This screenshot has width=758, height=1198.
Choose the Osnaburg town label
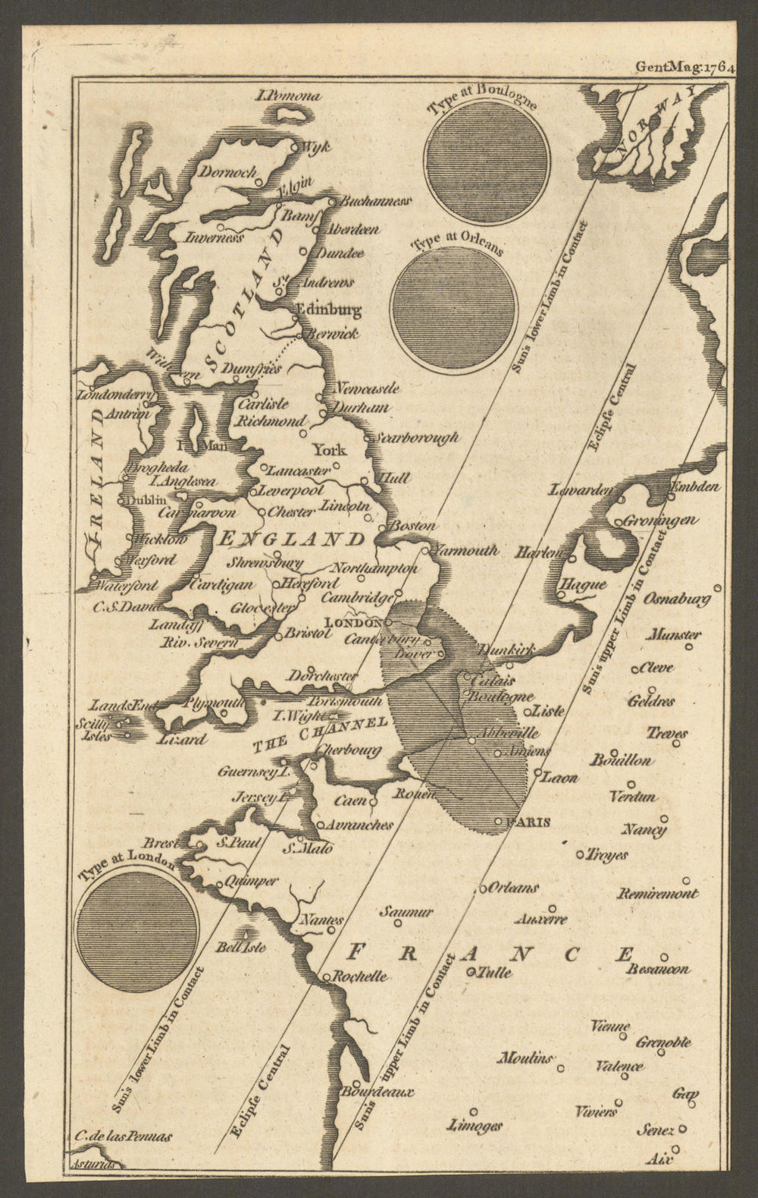(677, 599)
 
